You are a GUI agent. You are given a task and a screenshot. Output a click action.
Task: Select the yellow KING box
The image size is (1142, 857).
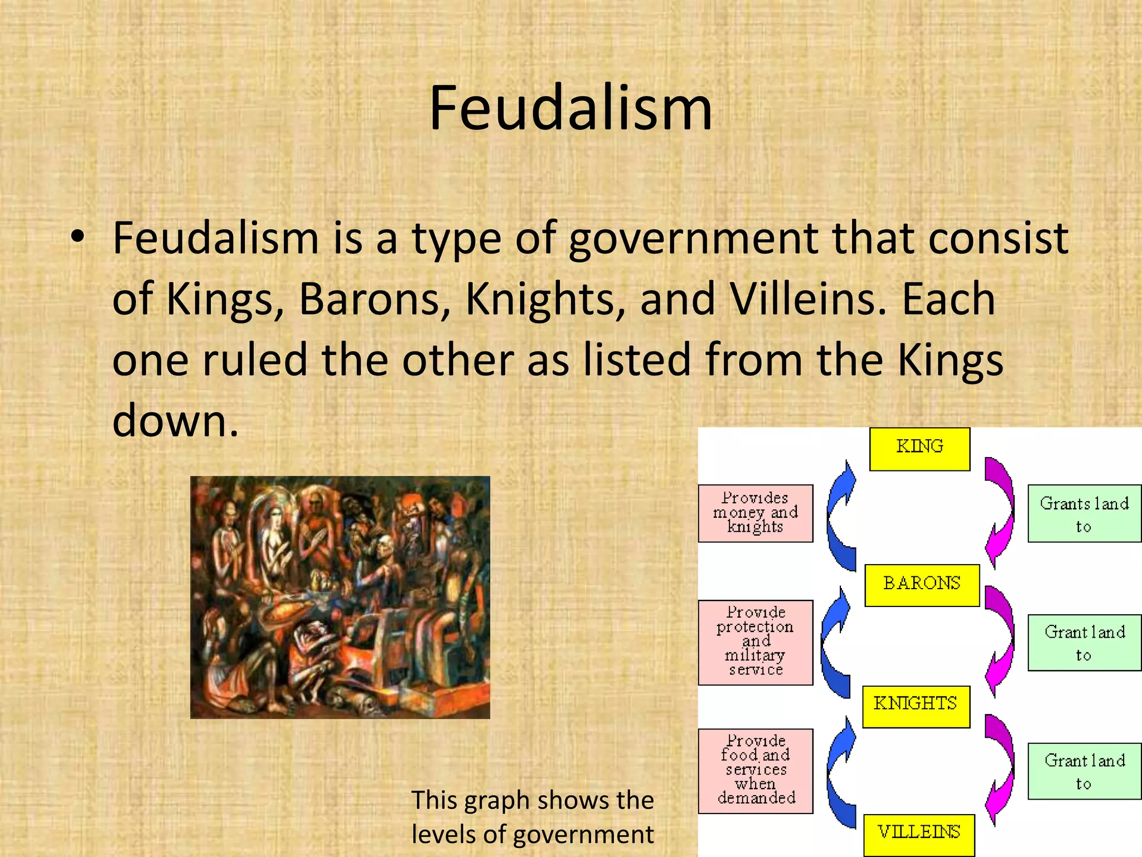pyautogui.click(x=920, y=449)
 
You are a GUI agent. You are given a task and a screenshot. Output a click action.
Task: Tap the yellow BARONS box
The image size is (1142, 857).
pyautogui.click(x=922, y=585)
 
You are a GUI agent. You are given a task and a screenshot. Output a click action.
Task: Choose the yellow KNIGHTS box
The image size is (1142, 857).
pyautogui.click(x=916, y=706)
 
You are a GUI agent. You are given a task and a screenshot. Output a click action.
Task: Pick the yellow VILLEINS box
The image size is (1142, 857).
pyautogui.click(x=919, y=834)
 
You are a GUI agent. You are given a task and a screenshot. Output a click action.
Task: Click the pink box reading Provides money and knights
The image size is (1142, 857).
pyautogui.click(x=756, y=513)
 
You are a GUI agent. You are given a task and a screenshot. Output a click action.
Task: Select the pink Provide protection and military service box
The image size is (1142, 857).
pyautogui.click(x=756, y=642)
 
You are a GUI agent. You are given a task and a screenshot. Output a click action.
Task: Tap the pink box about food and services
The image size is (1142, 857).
pyautogui.click(x=756, y=771)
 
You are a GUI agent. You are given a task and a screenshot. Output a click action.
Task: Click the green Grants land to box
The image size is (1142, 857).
pyautogui.click(x=1084, y=513)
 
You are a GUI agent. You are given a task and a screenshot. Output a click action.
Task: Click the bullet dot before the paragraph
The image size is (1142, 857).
pyautogui.click(x=78, y=238)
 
